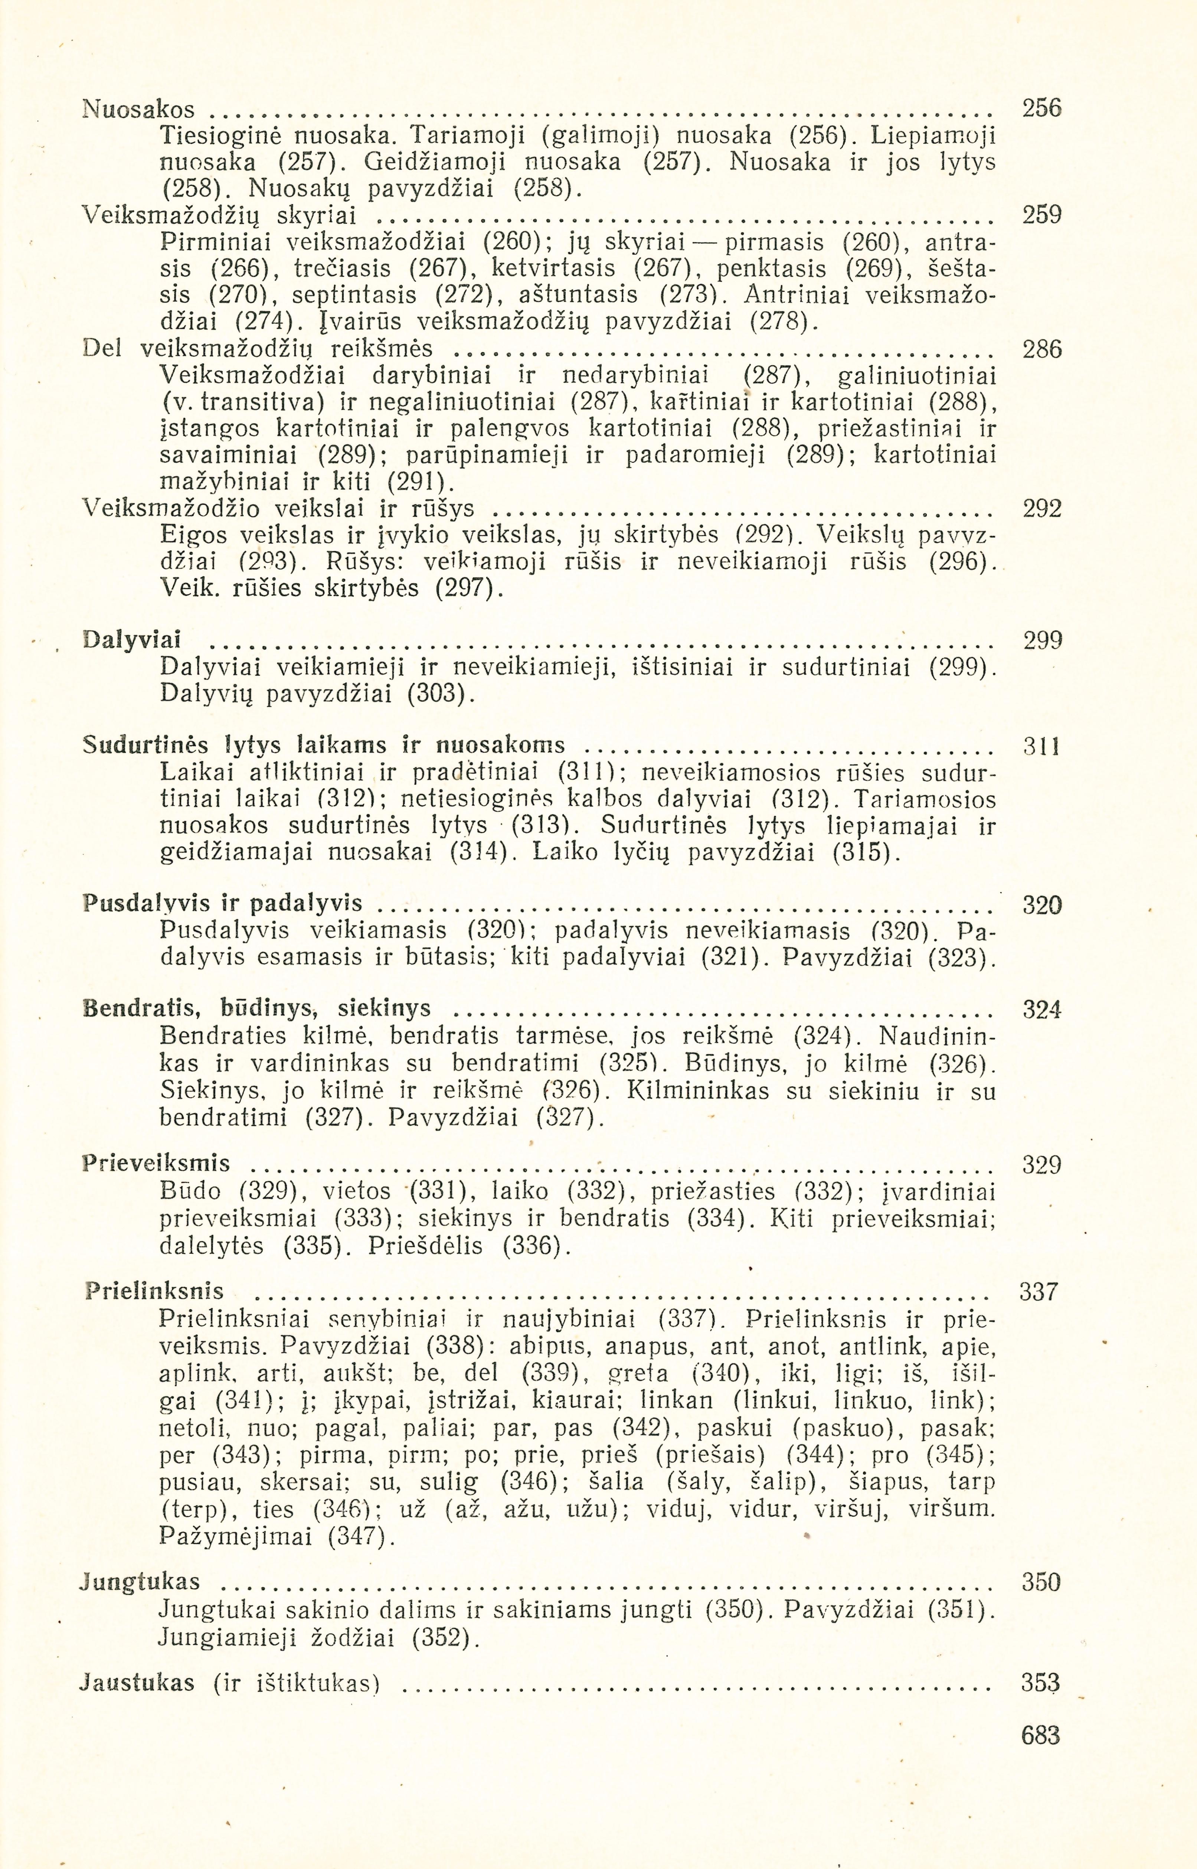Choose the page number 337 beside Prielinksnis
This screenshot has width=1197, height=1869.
point(1039,1292)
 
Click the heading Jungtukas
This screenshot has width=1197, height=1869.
point(140,1581)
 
